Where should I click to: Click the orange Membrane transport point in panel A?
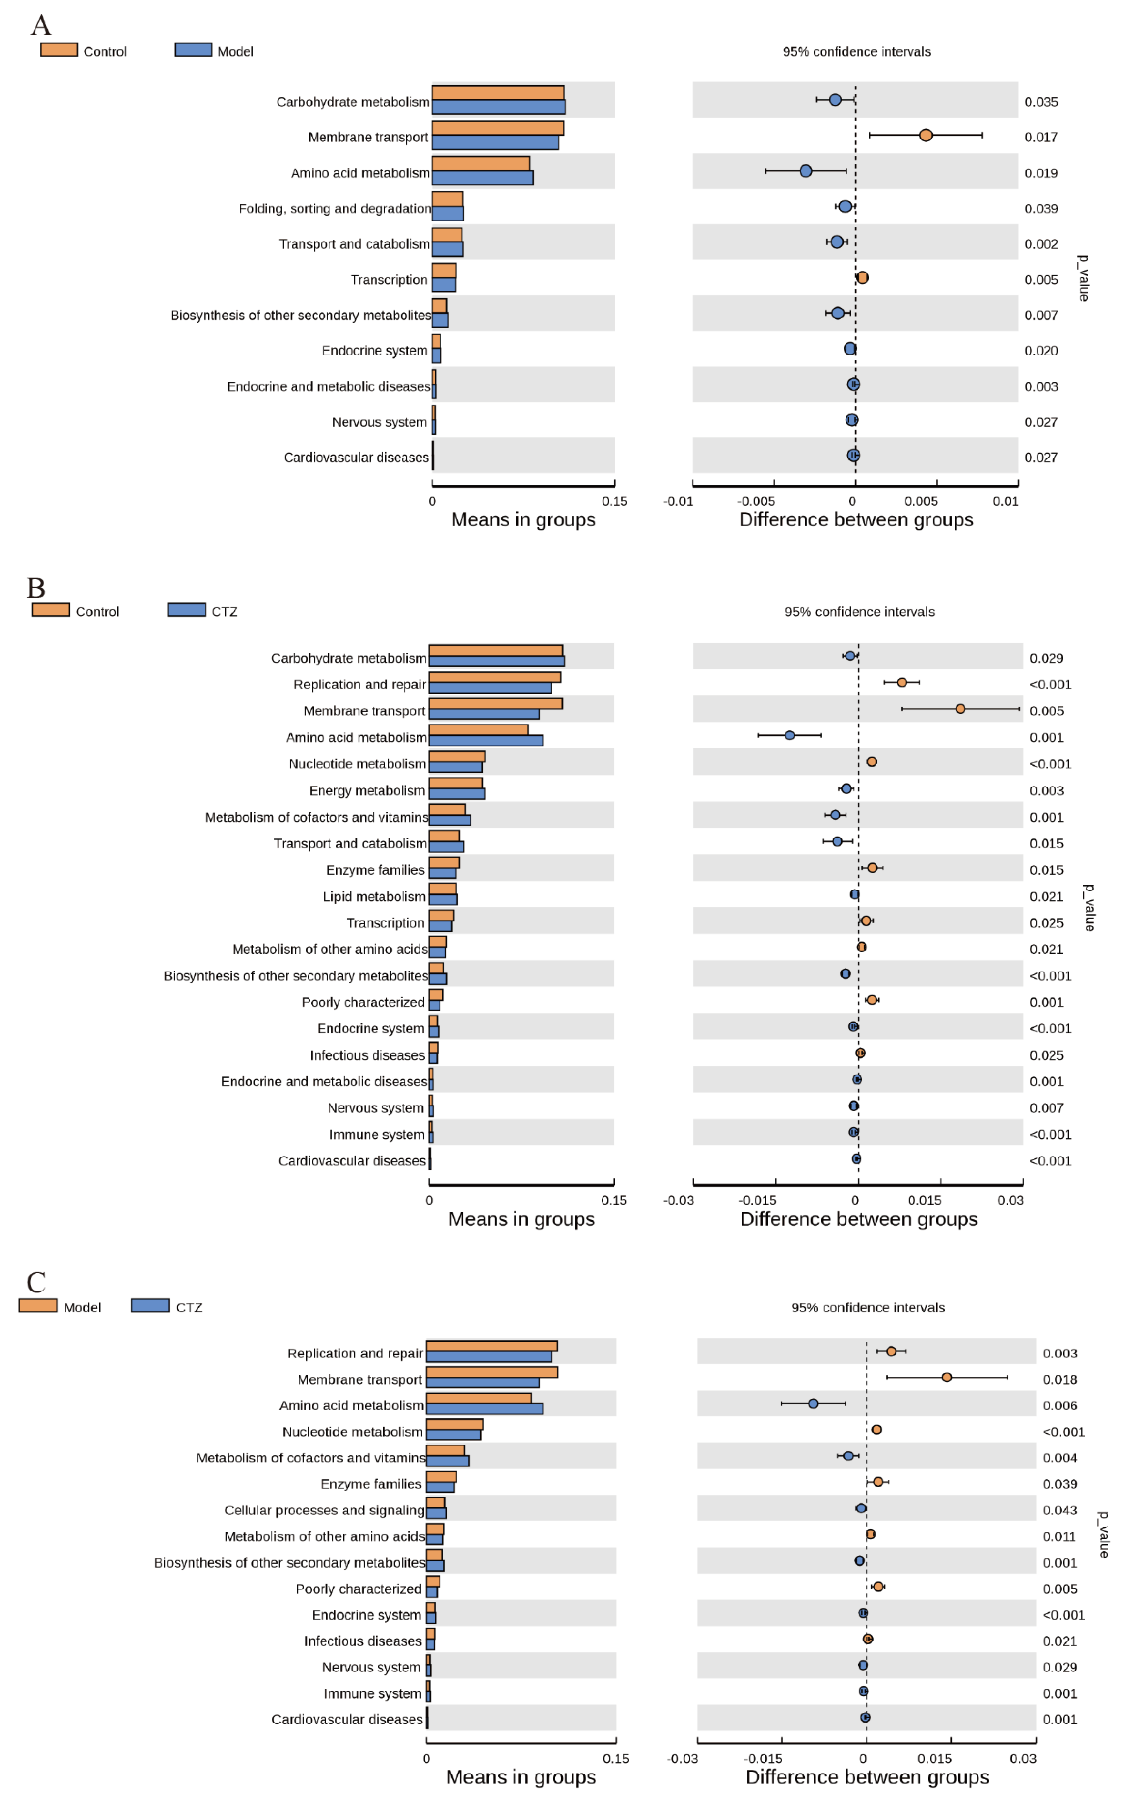point(926,135)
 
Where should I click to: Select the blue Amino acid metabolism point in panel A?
point(806,171)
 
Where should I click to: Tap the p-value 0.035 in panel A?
point(1041,102)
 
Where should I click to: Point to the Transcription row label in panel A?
point(389,280)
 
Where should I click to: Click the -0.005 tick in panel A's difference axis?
point(756,501)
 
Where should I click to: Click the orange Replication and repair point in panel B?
point(902,682)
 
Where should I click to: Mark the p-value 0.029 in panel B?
point(1046,658)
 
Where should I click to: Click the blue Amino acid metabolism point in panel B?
point(789,735)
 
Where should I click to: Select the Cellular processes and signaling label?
point(324,1510)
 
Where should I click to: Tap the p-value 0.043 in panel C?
point(1059,1510)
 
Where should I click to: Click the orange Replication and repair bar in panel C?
point(491,1346)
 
